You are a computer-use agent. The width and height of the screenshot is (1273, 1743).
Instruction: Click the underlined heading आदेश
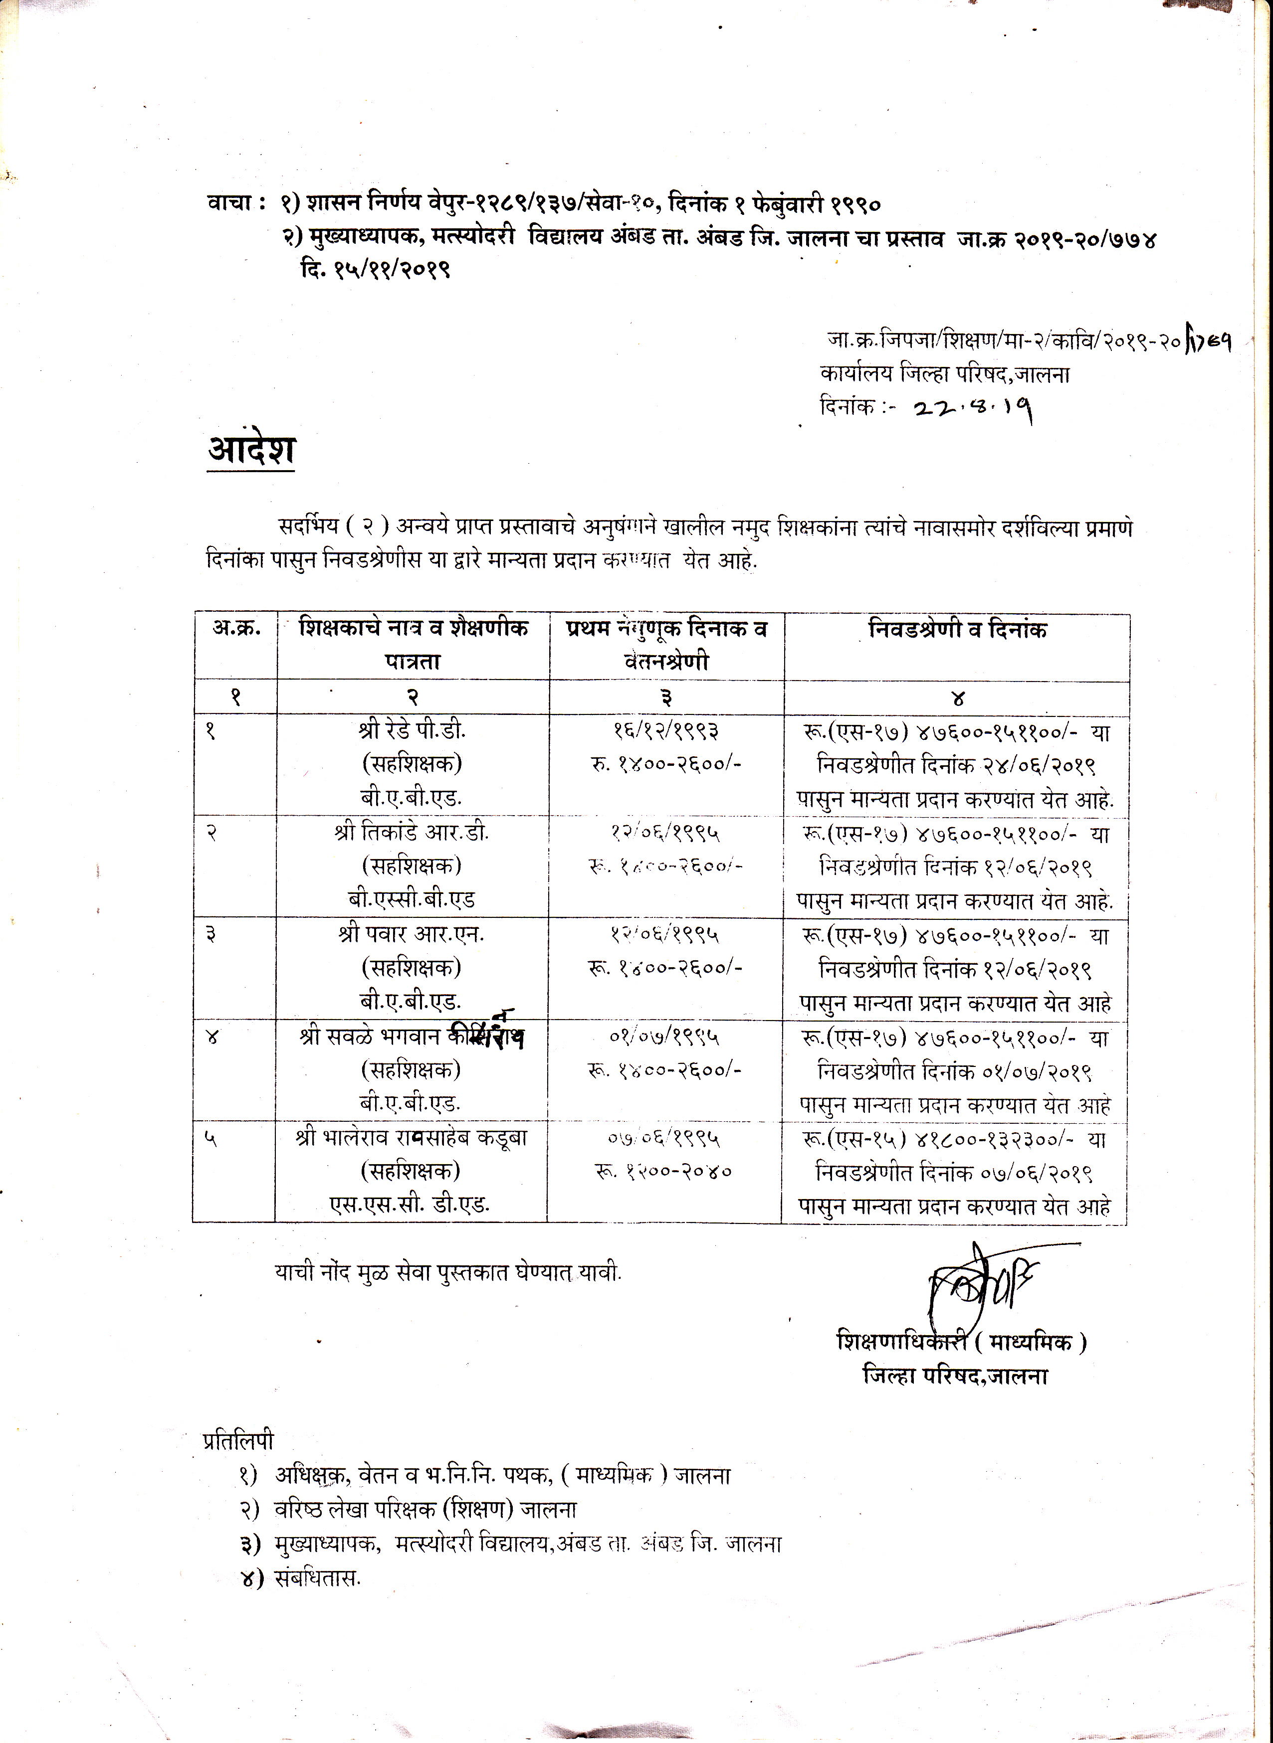251,450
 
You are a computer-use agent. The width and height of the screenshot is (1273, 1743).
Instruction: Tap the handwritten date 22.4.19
973,407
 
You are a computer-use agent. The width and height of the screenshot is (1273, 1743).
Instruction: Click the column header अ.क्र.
236,629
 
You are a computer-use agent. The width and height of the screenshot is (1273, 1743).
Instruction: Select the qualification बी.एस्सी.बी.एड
410,899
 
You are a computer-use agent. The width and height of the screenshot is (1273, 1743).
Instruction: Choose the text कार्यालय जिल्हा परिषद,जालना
945,375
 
